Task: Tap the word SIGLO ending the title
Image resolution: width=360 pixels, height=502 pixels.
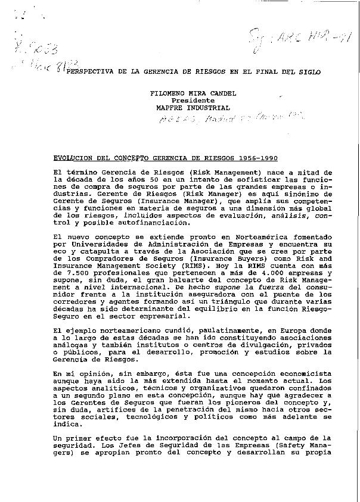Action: click(308, 71)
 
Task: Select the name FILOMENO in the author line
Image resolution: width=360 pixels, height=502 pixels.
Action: click(167, 93)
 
